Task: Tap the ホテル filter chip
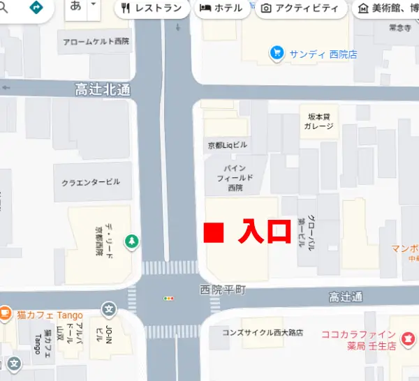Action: (x=221, y=9)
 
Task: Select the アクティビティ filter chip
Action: (x=300, y=9)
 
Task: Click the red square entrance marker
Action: (x=214, y=233)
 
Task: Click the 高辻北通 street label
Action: (x=103, y=90)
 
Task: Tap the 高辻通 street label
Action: (x=346, y=297)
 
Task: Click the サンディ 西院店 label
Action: (x=323, y=53)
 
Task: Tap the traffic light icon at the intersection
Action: (x=168, y=299)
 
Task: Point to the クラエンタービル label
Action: (x=91, y=182)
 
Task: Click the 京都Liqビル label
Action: (x=228, y=146)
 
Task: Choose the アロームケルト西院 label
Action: (x=96, y=42)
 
